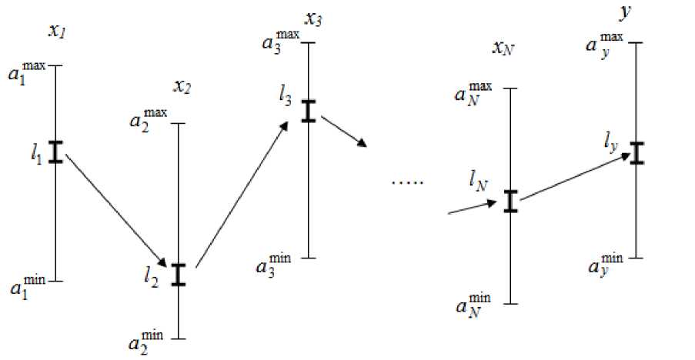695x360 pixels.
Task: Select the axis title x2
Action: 182,87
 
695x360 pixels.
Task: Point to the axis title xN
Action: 503,49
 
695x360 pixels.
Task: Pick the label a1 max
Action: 28,72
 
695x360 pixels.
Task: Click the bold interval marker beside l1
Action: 55,152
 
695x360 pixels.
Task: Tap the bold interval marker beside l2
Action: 179,275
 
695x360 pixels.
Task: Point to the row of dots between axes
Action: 408,183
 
